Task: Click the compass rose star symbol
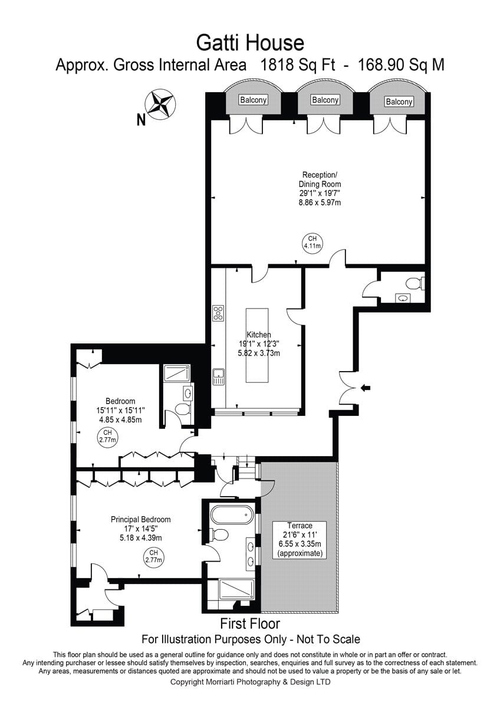coord(160,106)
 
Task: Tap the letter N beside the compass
coord(141,120)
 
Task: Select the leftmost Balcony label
coord(254,100)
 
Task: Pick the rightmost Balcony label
coord(399,101)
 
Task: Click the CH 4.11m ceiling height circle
coord(312,242)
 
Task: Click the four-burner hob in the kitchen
coord(218,313)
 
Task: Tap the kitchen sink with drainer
coord(218,376)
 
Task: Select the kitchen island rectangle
coord(257,345)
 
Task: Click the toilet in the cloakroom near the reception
coord(415,283)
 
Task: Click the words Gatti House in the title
coord(250,43)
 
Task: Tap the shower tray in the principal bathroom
coord(236,588)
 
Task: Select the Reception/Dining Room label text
coord(320,179)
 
